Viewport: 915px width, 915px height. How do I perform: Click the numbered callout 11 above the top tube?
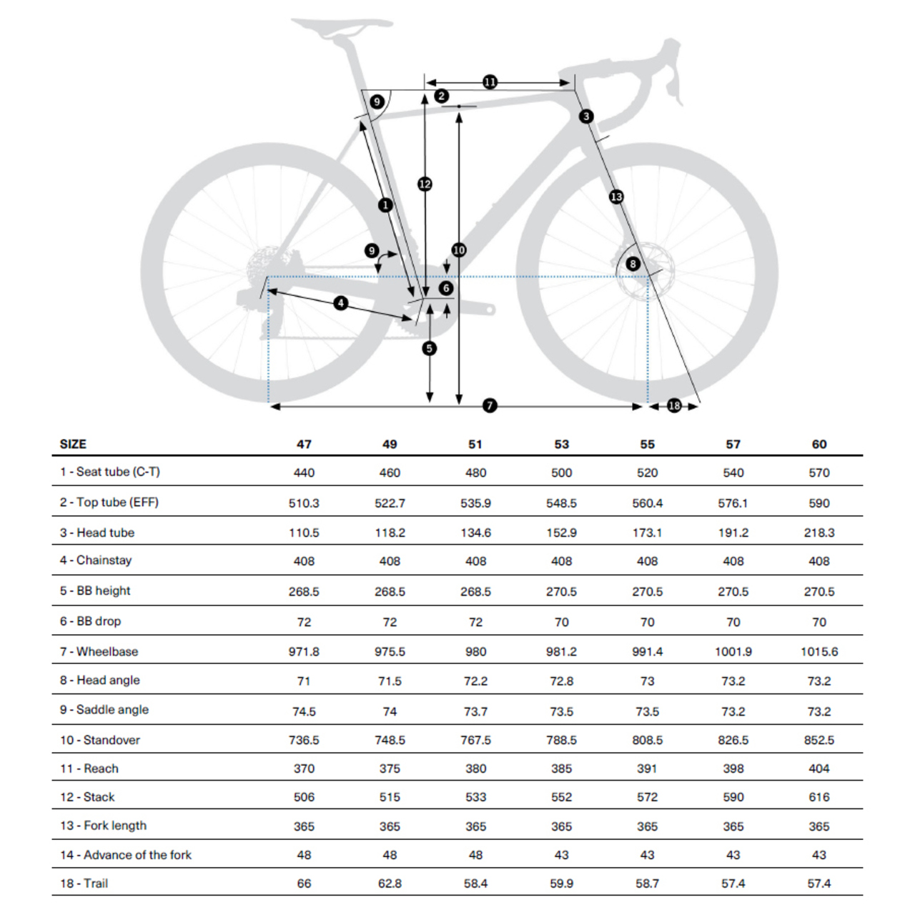pos(490,82)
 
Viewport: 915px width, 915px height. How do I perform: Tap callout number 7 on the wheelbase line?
pos(490,405)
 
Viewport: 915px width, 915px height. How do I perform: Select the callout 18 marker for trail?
pos(674,405)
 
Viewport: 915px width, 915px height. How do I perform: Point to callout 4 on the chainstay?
pos(341,303)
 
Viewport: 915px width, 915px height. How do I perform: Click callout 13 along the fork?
pos(616,197)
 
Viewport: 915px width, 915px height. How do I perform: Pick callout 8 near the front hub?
pos(633,264)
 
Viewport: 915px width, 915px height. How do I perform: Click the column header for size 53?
pos(561,444)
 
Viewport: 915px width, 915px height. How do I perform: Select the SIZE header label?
pos(73,444)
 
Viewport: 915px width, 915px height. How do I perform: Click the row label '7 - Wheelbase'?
pos(99,651)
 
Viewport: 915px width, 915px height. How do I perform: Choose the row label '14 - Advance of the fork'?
pos(126,854)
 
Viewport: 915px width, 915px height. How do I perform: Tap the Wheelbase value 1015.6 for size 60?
pos(819,651)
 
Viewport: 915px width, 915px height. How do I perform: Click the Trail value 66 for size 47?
pos(304,884)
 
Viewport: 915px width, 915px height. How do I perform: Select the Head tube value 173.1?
pos(647,533)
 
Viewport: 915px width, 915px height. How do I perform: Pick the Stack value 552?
pos(561,797)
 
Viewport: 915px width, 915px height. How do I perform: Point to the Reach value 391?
pos(647,768)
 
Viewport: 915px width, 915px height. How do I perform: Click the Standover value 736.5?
pos(304,740)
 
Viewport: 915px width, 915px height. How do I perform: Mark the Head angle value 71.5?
pos(390,681)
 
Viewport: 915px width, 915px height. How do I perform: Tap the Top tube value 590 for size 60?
pos(819,503)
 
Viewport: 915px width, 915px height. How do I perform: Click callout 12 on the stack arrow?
pos(425,184)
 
